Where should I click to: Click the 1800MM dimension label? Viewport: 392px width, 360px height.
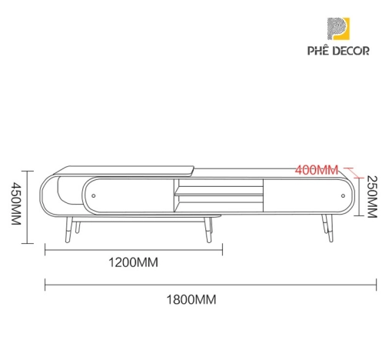click(191, 299)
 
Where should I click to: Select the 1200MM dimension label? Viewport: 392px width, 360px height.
click(134, 262)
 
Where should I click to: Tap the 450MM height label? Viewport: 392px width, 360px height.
click(16, 204)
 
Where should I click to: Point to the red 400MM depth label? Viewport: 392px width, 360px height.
click(317, 170)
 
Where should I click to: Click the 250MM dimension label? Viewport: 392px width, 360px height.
click(372, 197)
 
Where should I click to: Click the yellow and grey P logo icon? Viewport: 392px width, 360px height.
click(338, 28)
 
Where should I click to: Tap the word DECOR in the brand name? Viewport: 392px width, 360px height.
click(352, 51)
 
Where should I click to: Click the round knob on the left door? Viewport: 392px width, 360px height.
click(94, 195)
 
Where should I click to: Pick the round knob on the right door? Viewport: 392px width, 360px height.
click(343, 196)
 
